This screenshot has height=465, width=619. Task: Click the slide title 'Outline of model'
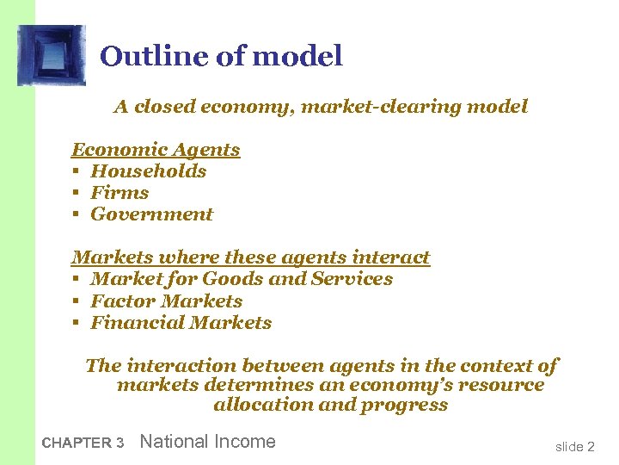point(221,57)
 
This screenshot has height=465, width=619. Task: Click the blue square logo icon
point(52,55)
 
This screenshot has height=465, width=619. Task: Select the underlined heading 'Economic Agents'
point(156,150)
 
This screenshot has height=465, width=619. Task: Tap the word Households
point(149,171)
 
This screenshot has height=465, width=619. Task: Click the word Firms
point(120,193)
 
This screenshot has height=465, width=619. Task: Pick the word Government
point(151,214)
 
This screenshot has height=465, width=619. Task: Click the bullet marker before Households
point(76,172)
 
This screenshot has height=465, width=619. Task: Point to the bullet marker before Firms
point(76,194)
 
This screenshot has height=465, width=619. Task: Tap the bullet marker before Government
point(76,215)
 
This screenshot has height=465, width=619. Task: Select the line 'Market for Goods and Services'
point(242,279)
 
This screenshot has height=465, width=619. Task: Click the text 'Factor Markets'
point(167,301)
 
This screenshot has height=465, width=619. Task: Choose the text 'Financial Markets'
point(181,323)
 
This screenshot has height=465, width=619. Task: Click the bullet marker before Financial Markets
point(76,324)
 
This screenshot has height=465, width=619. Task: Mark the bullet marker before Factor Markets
point(76,302)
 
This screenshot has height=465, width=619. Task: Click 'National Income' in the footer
point(207,442)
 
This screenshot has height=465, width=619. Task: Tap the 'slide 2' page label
point(574,446)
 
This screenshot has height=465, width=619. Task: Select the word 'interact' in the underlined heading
point(393,257)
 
